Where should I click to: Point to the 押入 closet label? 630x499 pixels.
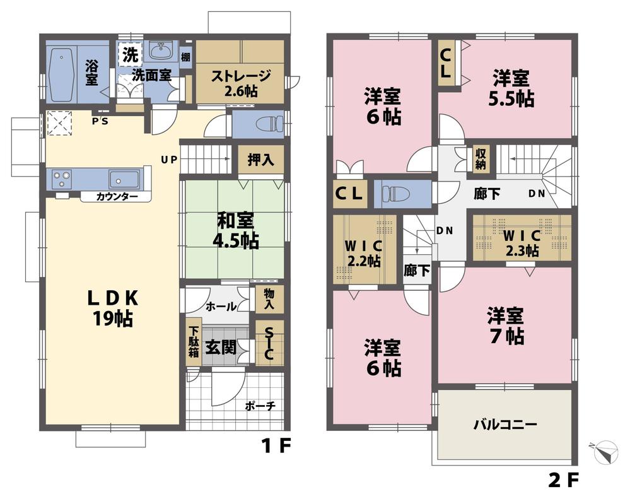[x=260, y=160]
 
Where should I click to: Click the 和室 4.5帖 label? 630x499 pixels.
[x=235, y=230]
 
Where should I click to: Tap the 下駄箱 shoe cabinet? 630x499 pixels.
[x=193, y=343]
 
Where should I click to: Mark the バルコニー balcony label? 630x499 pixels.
[x=505, y=425]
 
